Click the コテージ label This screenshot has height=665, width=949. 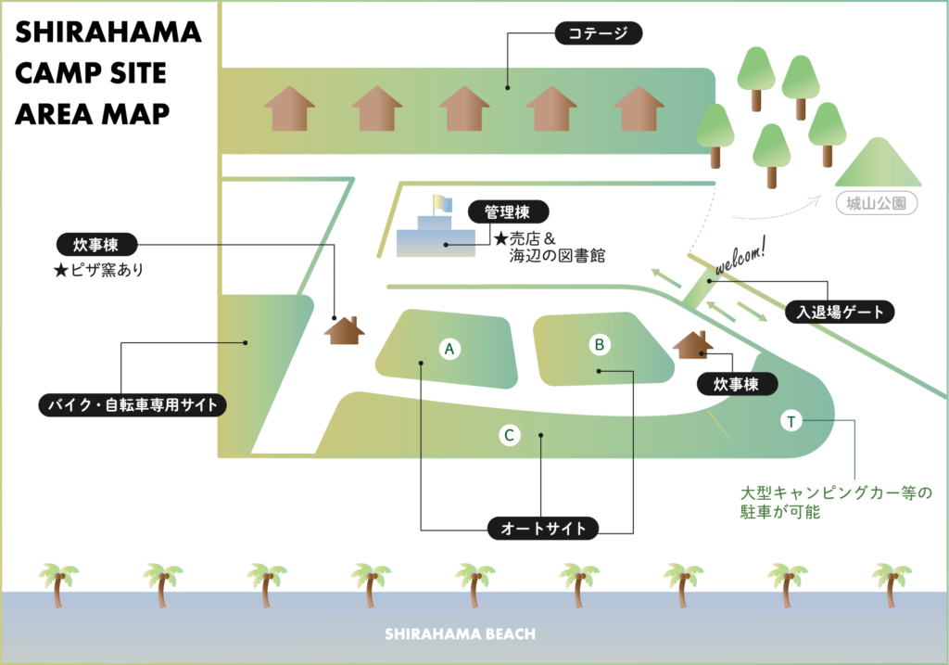[598, 35]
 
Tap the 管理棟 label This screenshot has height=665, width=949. [508, 212]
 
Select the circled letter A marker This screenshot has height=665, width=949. [449, 349]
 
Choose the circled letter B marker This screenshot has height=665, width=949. [600, 345]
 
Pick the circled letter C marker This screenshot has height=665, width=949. [508, 434]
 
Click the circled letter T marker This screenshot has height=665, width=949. [791, 422]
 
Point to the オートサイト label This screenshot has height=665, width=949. [543, 529]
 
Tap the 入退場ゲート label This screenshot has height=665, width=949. [840, 312]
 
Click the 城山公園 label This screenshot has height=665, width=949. [876, 203]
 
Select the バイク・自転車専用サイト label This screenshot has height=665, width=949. [133, 405]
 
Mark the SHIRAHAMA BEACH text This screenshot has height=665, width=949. [460, 634]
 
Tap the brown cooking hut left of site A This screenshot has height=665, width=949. [344, 330]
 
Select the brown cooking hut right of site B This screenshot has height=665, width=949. [692, 345]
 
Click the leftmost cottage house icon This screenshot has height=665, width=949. [290, 109]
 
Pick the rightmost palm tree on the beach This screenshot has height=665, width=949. [892, 583]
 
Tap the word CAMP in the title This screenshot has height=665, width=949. [55, 73]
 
